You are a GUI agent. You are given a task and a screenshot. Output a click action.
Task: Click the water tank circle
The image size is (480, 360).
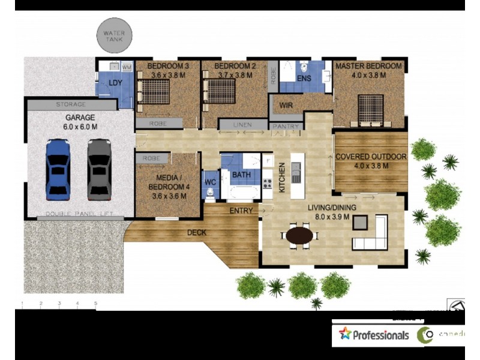pos(113,35)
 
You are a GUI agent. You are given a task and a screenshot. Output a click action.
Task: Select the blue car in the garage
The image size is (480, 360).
pos(58,169)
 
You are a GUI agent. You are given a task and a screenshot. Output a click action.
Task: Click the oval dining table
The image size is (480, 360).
pos(299,235)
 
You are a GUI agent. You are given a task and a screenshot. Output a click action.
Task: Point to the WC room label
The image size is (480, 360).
pos(210,181)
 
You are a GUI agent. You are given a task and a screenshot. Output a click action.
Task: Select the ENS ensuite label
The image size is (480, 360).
pos(304,78)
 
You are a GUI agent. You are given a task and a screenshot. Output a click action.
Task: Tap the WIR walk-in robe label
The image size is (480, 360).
pos(286,106)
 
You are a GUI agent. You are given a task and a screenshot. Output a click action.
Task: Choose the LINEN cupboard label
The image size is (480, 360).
pos(242,125)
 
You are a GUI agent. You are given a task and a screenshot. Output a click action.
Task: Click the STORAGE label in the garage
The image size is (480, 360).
pos(71,104)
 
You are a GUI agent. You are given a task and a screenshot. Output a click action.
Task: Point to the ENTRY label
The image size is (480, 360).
pos(241,211)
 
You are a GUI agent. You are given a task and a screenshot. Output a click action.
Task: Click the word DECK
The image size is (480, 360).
pos(197,232)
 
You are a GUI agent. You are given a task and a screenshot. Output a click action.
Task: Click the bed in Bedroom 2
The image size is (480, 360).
pos(220,91)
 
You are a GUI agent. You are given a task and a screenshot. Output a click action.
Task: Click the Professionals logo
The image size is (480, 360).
pos(373,335)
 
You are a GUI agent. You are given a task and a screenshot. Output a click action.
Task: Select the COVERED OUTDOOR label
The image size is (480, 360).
pos(371,157)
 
